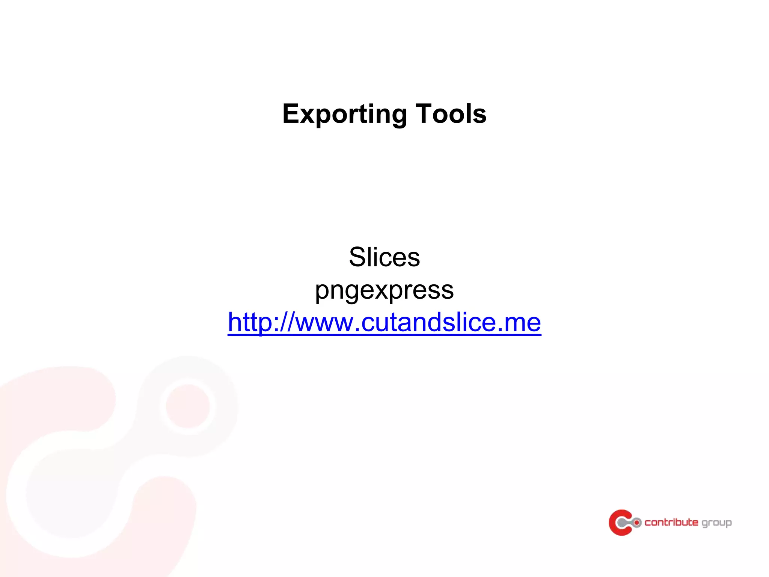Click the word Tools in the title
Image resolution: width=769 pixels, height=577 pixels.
click(x=451, y=114)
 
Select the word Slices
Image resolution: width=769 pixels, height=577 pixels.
click(x=384, y=257)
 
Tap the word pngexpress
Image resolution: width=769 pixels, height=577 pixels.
click(x=384, y=290)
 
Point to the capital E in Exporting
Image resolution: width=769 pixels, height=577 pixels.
click(x=292, y=113)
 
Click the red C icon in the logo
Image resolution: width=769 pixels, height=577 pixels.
click(x=618, y=522)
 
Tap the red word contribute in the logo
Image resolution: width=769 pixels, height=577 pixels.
click(x=671, y=523)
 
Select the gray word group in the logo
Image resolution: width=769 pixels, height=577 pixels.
click(x=716, y=523)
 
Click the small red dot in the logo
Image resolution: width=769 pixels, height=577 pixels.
click(x=636, y=523)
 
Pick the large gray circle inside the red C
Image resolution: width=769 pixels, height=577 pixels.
click(x=622, y=523)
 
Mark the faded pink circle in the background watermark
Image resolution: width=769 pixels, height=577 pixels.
click(x=187, y=406)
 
